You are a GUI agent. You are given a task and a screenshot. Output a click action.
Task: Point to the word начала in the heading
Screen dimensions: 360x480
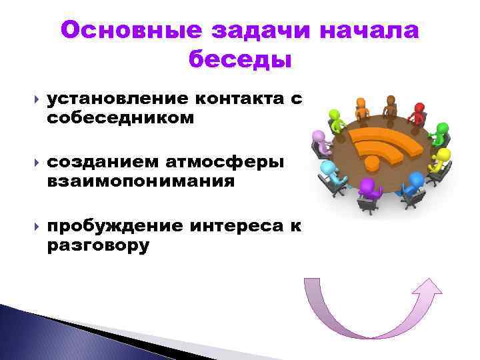(369, 31)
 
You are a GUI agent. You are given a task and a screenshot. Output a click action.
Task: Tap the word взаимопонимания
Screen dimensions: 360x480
(141, 181)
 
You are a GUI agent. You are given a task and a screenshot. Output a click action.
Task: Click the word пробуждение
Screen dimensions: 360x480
(115, 228)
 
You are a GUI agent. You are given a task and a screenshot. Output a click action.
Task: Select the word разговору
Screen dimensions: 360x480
(98, 246)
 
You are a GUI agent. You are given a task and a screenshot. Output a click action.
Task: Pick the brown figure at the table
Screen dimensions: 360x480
(390, 104)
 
